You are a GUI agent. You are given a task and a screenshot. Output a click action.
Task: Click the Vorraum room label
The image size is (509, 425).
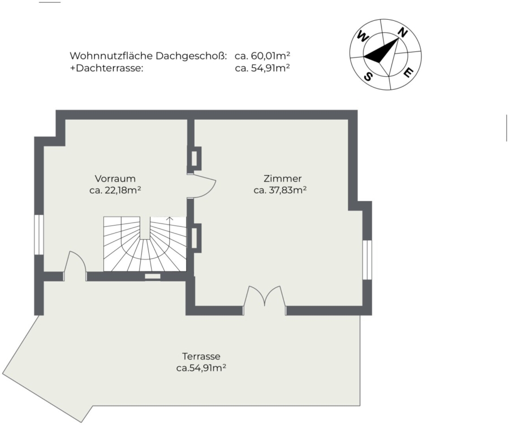click(115, 179)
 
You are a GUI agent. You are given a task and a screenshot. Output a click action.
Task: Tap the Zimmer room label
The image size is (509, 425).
click(282, 179)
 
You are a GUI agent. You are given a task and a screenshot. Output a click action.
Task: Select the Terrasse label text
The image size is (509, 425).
click(201, 356)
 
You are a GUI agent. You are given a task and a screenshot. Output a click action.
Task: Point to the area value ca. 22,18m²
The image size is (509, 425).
click(115, 190)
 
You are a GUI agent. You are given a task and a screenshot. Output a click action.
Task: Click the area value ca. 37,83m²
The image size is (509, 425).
click(280, 190)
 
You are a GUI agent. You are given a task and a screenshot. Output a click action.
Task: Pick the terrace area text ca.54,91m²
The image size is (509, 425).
click(201, 368)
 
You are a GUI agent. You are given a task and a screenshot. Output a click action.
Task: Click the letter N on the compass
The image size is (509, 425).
click(403, 32)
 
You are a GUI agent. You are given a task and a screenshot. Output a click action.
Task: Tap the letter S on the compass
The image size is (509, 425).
click(368, 76)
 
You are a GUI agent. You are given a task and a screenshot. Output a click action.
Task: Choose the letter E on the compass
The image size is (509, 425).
click(408, 73)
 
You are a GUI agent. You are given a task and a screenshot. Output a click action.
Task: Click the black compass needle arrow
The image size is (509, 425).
click(381, 51)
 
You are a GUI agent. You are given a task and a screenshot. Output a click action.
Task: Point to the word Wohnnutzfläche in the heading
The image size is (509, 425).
click(111, 56)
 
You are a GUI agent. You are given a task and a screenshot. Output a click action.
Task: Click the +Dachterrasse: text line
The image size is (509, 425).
click(106, 68)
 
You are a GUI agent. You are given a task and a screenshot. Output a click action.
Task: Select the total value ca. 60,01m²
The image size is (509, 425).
click(262, 56)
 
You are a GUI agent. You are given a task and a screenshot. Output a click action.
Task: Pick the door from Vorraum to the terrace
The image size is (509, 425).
click(75, 266)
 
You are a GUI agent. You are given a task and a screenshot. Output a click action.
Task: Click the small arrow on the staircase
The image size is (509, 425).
click(169, 220)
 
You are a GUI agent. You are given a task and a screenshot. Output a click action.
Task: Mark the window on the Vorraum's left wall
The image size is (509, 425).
click(39, 235)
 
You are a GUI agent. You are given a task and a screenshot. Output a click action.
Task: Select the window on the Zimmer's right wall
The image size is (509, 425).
click(367, 259)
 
